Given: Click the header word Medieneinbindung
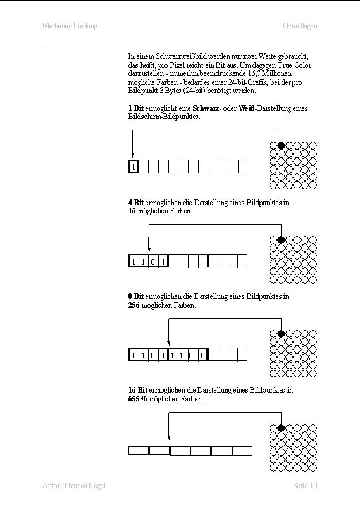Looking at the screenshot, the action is (x=70, y=26).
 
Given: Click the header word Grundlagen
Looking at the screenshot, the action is (x=300, y=26).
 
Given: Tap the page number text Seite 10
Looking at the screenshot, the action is (x=305, y=485).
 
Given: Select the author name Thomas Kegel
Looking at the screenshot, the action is (x=85, y=486).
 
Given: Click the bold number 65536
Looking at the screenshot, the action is (x=137, y=399).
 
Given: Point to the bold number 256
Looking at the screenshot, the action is (x=133, y=305).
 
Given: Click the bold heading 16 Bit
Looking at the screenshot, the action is (x=138, y=390).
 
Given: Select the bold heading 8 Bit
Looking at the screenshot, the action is (x=136, y=296).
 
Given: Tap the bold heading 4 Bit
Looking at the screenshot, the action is (x=136, y=203).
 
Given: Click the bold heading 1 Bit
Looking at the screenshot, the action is (x=136, y=108).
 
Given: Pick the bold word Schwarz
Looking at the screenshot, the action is (x=206, y=108).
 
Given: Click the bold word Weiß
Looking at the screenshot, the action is (x=246, y=108).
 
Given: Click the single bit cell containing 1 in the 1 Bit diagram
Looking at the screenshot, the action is (x=133, y=167).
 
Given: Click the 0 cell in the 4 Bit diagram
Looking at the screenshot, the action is (x=153, y=261).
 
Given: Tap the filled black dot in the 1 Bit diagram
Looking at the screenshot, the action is (x=281, y=146).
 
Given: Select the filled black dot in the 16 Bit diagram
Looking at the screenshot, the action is (x=281, y=428).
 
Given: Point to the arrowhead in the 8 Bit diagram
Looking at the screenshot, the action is (x=168, y=343).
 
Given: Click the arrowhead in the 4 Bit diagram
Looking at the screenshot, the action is (x=149, y=249).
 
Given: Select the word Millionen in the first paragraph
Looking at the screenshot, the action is (x=277, y=73).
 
